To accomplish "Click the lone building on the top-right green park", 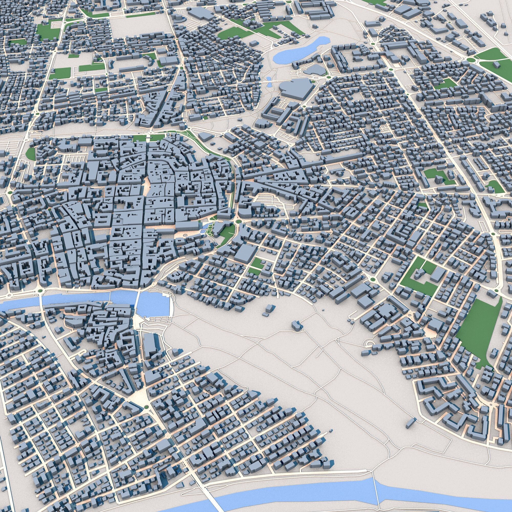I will (495, 65).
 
